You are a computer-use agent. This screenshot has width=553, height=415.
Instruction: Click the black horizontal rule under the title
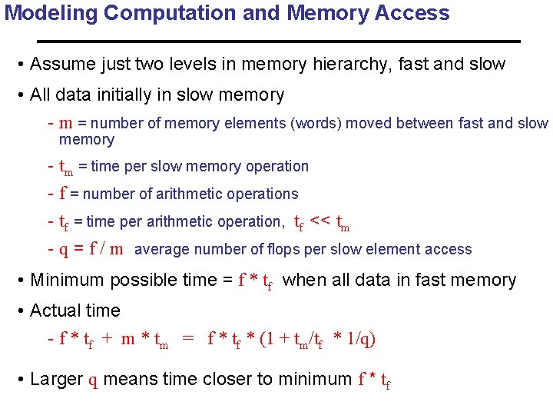click(278, 40)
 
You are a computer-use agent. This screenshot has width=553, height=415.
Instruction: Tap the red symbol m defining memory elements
click(66, 124)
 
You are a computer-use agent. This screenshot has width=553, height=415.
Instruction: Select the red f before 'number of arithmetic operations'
click(62, 194)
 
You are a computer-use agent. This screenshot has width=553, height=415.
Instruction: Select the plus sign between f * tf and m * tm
click(107, 339)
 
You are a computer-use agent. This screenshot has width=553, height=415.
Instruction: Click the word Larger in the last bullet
click(55, 379)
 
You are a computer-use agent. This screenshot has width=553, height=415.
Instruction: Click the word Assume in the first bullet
click(61, 65)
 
